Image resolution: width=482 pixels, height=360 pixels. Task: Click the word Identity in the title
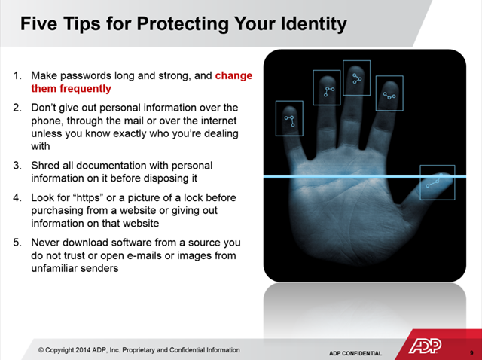tap(313, 24)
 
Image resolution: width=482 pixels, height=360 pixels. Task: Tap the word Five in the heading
tap(38, 23)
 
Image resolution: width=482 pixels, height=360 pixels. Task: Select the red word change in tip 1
tap(233, 75)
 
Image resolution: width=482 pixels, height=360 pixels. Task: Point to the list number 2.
tap(17, 108)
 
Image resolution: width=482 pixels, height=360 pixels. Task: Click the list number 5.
tap(17, 243)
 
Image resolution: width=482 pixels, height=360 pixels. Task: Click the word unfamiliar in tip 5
tap(52, 268)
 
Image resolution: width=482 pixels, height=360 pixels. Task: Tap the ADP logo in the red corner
tap(425, 346)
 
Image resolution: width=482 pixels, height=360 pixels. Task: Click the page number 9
tap(471, 352)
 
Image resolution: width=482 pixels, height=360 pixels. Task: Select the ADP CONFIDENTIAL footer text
tap(355, 353)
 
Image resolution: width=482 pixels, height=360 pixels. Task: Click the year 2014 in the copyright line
tap(82, 350)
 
